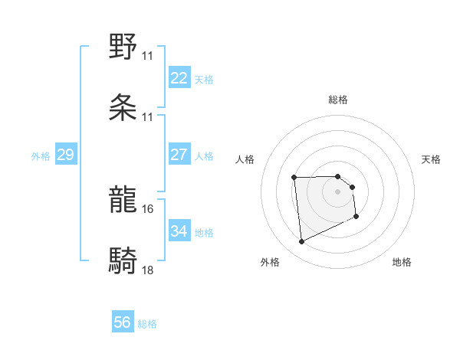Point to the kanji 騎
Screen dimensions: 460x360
pos(123,260)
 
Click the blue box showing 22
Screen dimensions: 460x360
pos(179,78)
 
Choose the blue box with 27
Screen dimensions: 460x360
pos(179,155)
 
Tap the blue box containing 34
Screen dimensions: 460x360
pos(179,231)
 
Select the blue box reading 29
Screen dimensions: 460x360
pos(65,155)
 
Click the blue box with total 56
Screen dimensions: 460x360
pos(123,322)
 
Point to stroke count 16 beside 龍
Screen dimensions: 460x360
pos(148,208)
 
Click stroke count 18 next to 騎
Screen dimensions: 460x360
pos(148,270)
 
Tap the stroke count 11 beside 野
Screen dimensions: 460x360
pos(148,56)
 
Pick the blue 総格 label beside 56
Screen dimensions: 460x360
pos(147,324)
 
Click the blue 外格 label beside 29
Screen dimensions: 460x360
pos(41,156)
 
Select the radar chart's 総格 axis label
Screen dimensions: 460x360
pos(338,100)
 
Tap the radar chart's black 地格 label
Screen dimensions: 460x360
pos(402,262)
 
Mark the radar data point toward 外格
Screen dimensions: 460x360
pos(302,242)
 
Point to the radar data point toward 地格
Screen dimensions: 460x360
pos(356,217)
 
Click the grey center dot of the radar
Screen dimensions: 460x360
pos(338,191)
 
